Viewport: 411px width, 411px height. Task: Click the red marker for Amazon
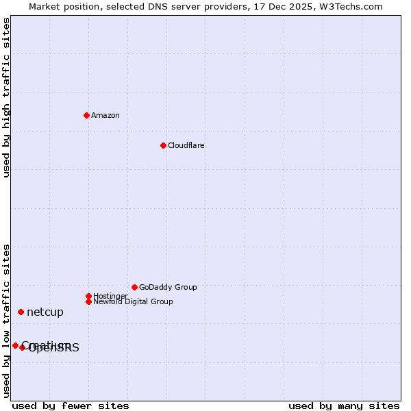click(x=86, y=115)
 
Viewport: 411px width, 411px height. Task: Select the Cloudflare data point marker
click(x=163, y=145)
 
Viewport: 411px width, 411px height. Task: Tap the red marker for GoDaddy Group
click(x=134, y=287)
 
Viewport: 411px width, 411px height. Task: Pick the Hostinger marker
click(x=88, y=296)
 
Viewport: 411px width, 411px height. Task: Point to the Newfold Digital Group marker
click(x=88, y=301)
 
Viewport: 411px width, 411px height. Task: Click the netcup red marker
click(x=21, y=312)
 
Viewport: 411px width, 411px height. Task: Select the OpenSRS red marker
click(x=23, y=347)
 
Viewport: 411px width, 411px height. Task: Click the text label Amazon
click(x=105, y=115)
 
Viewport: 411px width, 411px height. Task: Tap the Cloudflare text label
click(x=186, y=145)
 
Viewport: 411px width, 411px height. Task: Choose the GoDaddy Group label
click(x=168, y=287)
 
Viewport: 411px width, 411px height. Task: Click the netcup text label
click(x=45, y=312)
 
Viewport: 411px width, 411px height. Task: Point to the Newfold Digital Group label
click(x=134, y=302)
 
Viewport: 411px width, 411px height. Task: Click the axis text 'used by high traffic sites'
click(x=7, y=97)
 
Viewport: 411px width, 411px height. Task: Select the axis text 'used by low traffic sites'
click(x=7, y=321)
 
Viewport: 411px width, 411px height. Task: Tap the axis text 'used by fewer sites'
click(x=71, y=406)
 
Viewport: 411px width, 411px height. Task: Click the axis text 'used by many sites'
click(x=344, y=406)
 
